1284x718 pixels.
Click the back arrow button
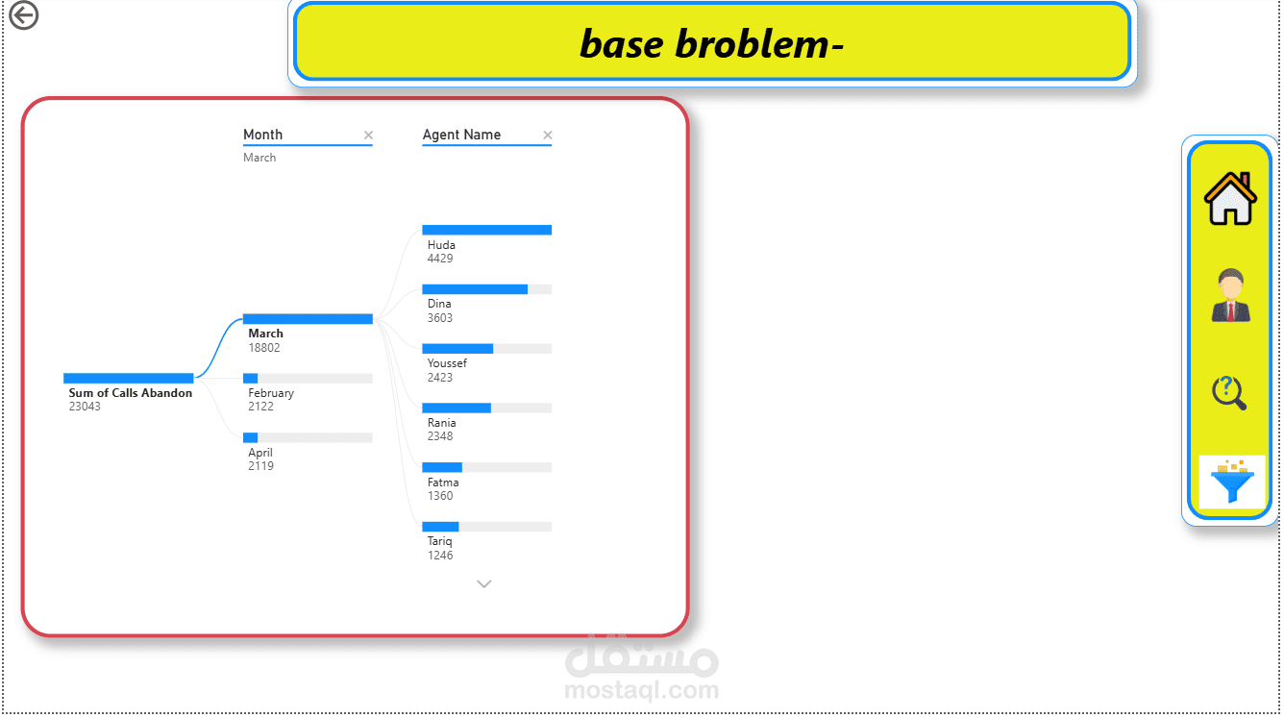(23, 15)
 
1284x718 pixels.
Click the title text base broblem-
(711, 43)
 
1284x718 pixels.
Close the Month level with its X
(368, 135)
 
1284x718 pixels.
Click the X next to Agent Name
(548, 135)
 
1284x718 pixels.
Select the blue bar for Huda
(486, 230)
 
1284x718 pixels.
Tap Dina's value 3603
(439, 318)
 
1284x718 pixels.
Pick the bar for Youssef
(486, 349)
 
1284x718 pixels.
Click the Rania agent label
(441, 423)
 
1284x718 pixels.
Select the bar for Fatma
(486, 467)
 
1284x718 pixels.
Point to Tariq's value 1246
(439, 556)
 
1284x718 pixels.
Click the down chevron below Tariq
(483, 583)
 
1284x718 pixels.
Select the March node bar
(308, 319)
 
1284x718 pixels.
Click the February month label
(271, 393)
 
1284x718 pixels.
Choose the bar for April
(308, 437)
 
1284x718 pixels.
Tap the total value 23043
(85, 407)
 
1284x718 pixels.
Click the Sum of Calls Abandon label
(130, 393)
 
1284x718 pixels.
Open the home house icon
(1230, 198)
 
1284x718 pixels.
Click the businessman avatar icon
(1231, 295)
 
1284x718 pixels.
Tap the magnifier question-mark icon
(1229, 393)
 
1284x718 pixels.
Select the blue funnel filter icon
(1232, 482)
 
